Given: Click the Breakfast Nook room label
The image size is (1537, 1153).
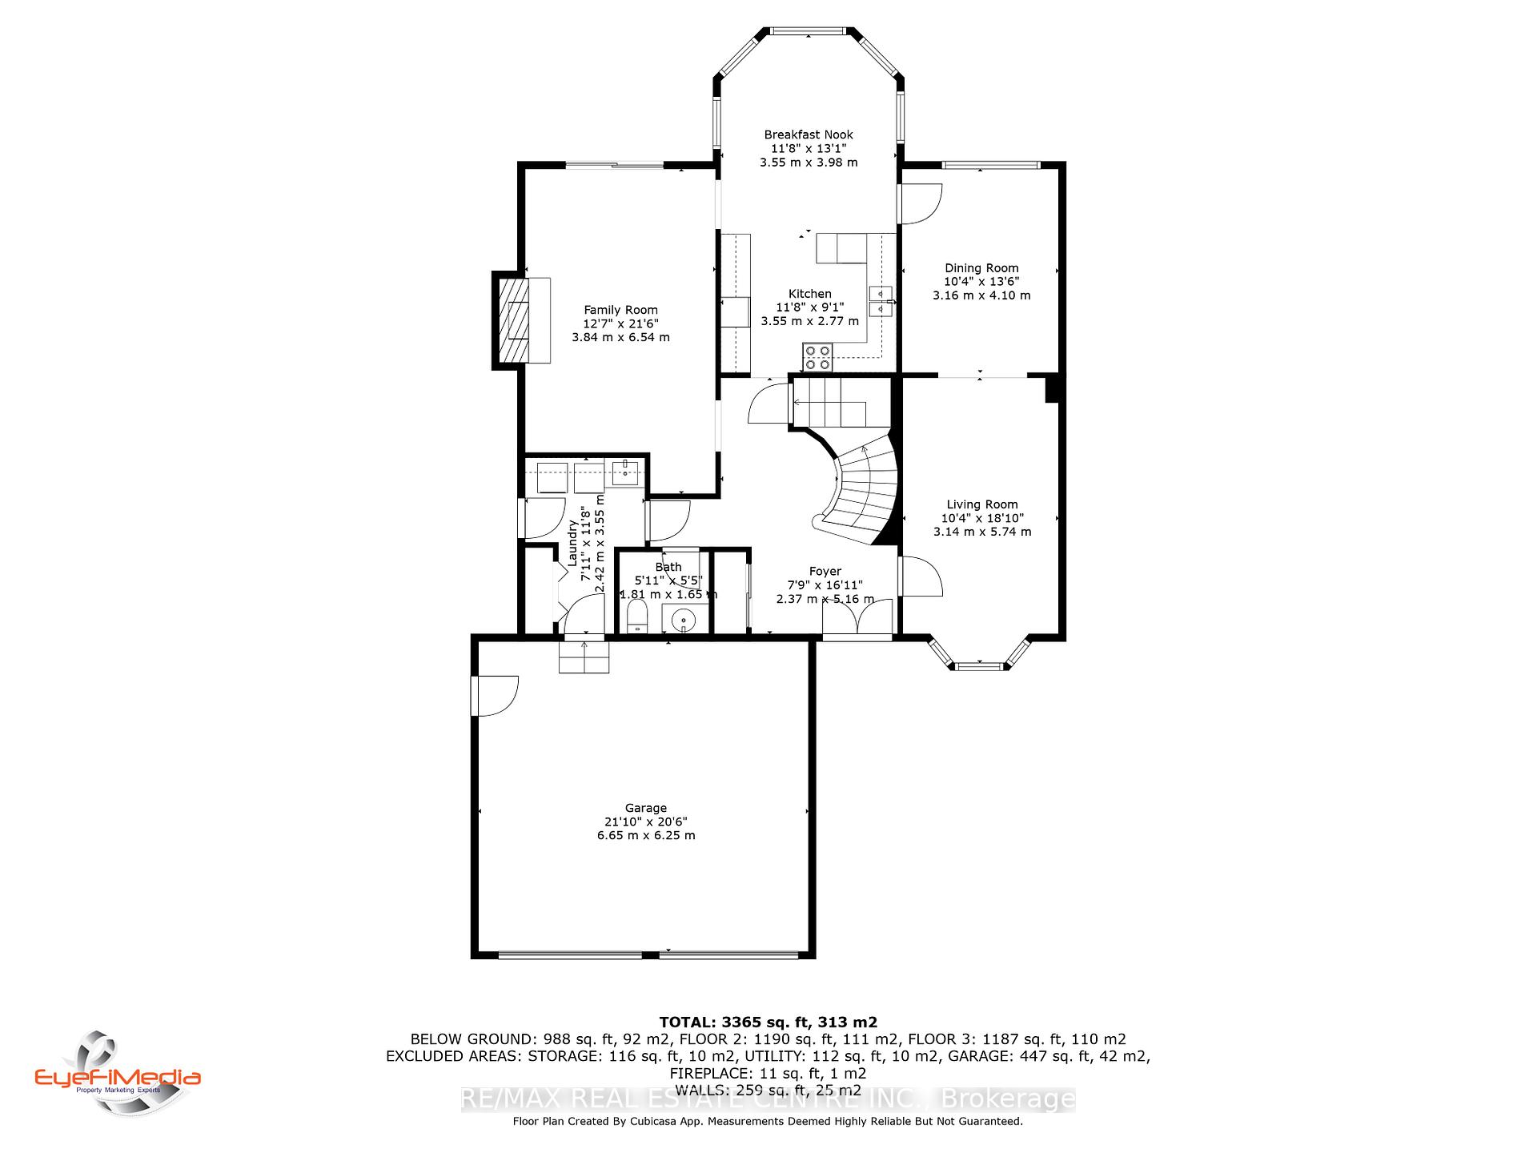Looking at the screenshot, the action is tap(809, 135).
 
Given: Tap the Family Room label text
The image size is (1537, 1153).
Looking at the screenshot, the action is tap(620, 310).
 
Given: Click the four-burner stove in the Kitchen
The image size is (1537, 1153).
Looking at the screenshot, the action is tap(817, 356).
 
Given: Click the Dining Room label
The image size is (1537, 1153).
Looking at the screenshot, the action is tap(981, 268).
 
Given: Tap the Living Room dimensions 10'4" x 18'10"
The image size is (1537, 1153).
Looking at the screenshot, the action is tap(982, 518).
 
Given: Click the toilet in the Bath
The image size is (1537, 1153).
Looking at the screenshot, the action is tap(636, 617).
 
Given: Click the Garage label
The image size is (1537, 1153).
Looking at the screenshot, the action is tap(646, 808).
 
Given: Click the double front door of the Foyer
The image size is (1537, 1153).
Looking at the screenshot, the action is tap(857, 617).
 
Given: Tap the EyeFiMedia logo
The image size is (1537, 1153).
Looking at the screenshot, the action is tap(118, 1072).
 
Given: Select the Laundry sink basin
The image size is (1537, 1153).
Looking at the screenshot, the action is tap(624, 473).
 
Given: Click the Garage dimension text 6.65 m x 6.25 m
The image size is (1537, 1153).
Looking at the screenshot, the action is tap(646, 835).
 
